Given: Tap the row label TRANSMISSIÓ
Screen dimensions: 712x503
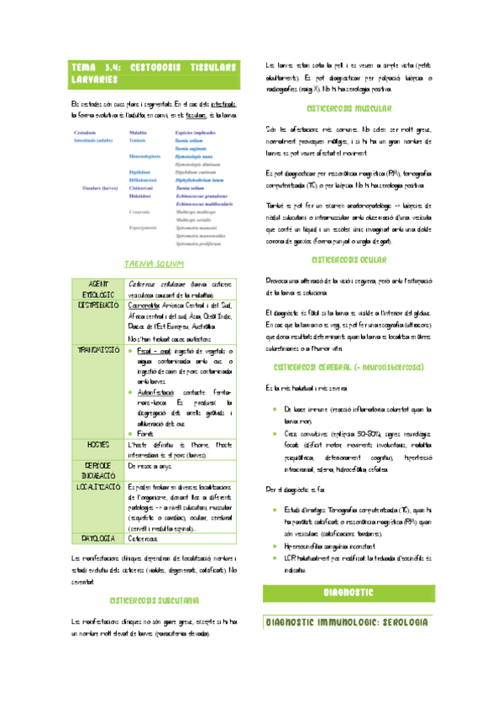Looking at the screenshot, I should click(99, 348).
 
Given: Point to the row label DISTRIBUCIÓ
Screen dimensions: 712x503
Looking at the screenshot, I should click(99, 305).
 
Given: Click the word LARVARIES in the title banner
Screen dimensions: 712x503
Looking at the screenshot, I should click(92, 79).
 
